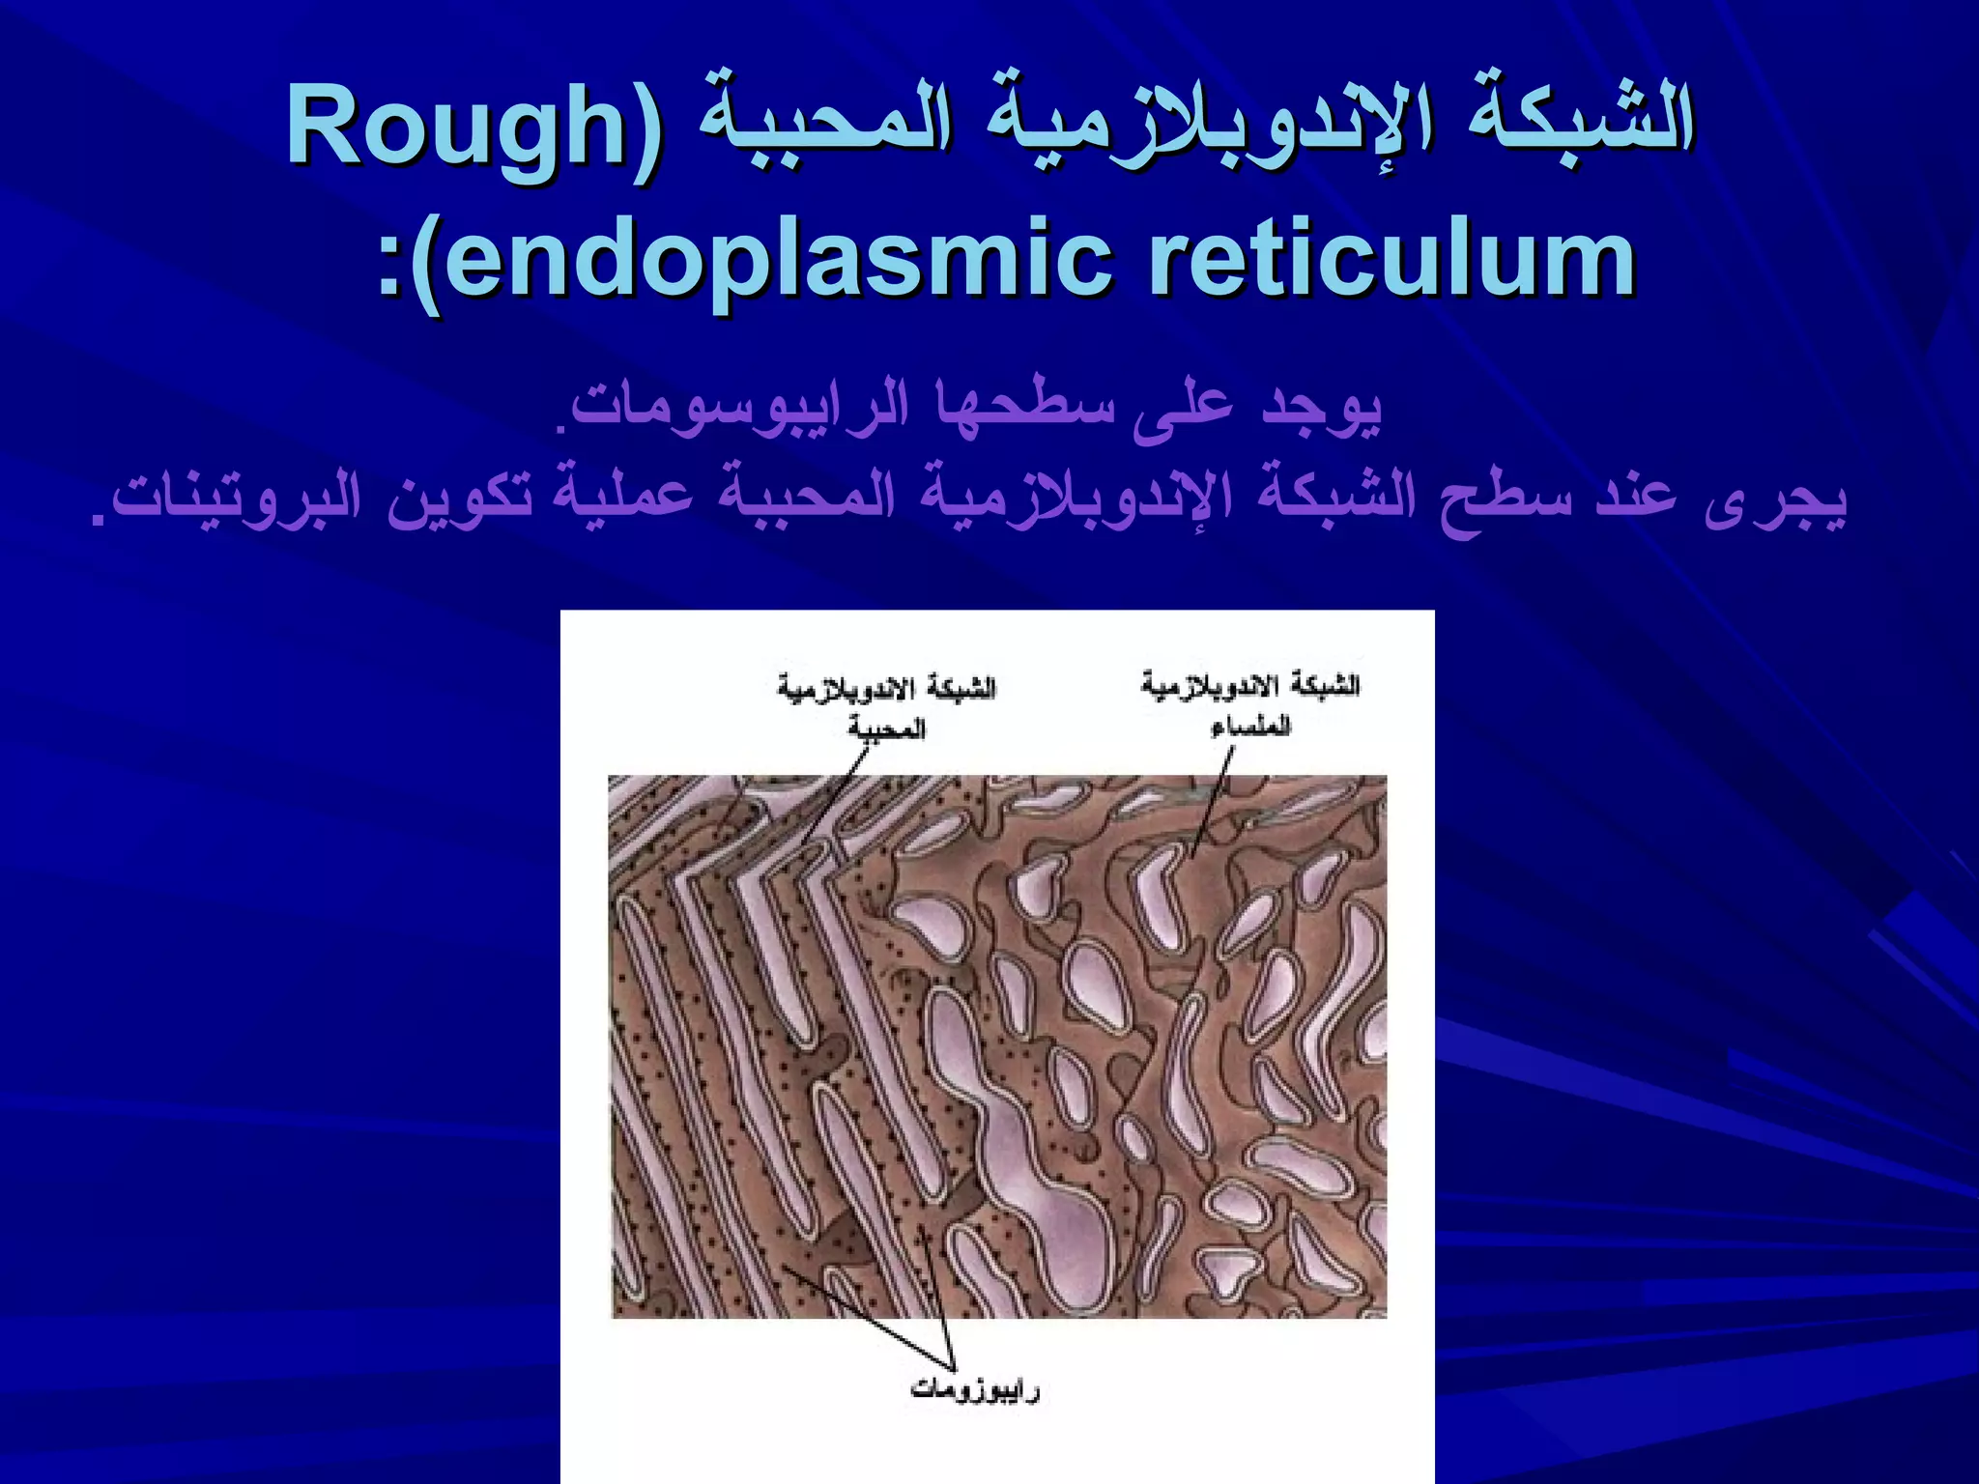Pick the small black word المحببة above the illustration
tap(886, 728)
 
